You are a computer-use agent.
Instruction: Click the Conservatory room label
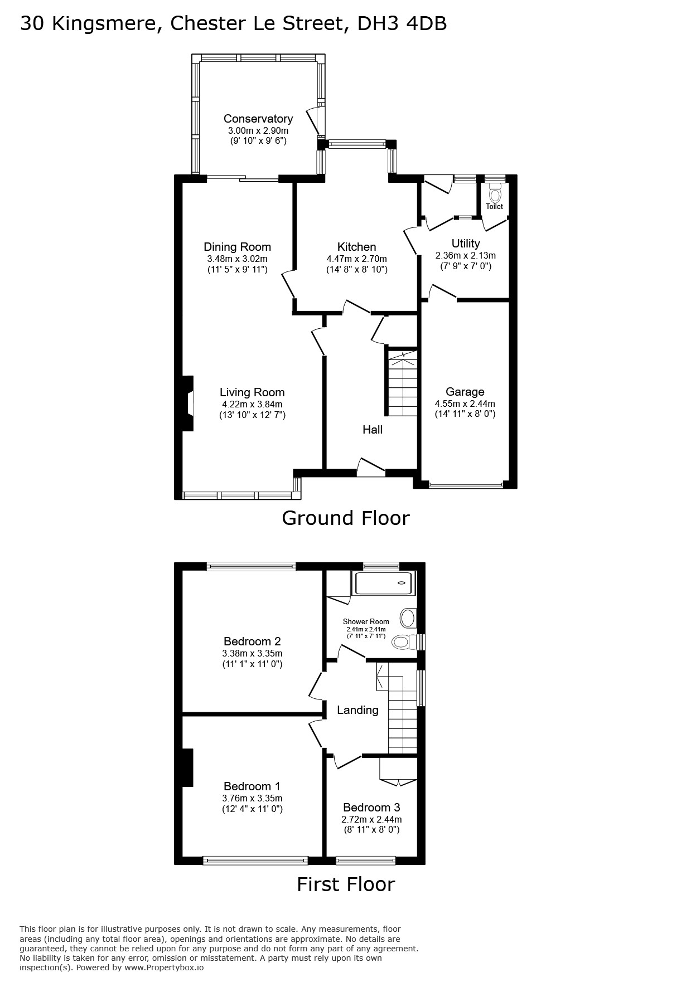coord(258,119)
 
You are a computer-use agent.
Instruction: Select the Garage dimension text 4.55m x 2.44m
coord(465,403)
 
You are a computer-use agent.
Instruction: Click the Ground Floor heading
coord(346,518)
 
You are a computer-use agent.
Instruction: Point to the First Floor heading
coord(346,884)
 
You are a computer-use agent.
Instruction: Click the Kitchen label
coord(357,247)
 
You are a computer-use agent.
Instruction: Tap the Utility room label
coord(466,244)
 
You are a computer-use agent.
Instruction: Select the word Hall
coord(373,429)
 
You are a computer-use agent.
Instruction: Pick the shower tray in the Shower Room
coord(384,583)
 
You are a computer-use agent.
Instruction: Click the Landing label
coord(357,710)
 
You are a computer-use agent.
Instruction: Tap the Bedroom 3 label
coord(371,808)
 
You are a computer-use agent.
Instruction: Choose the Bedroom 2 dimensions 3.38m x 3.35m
coord(252,653)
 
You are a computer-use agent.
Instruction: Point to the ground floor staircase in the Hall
coord(402,382)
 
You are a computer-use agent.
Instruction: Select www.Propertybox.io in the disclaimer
coord(163,967)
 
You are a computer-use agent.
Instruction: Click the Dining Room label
coord(237,247)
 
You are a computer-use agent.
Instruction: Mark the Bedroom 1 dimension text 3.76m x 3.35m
coord(252,798)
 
